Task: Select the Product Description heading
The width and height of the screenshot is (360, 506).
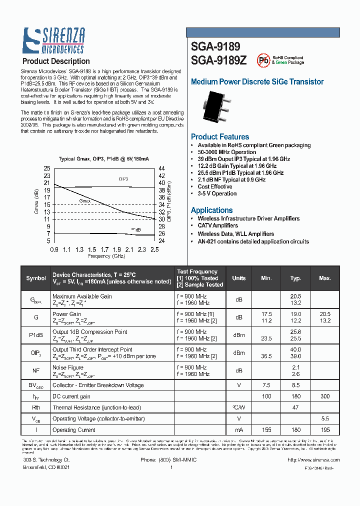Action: (x=56, y=61)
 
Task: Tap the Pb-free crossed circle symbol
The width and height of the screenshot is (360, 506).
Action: (x=263, y=60)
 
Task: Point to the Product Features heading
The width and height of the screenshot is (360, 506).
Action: (x=220, y=137)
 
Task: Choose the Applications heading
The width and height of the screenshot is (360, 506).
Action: (x=212, y=210)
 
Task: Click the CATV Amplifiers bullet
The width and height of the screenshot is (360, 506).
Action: (x=218, y=226)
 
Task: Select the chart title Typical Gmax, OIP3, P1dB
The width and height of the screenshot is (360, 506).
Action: (x=104, y=159)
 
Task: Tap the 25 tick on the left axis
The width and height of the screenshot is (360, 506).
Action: (x=47, y=168)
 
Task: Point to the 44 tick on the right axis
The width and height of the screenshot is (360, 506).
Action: (x=161, y=168)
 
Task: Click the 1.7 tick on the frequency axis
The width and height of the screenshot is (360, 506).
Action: (x=104, y=249)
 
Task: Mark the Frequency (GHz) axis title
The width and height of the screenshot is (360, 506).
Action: (x=106, y=256)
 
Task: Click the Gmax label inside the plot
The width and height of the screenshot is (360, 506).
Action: (x=86, y=200)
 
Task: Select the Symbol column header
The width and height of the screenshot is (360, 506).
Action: (x=36, y=278)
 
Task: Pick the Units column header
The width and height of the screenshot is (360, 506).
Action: (x=239, y=278)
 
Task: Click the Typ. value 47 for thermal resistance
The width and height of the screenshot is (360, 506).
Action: (x=295, y=408)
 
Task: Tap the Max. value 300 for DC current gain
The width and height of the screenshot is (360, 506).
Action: (x=325, y=396)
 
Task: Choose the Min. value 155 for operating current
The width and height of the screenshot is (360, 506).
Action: (x=266, y=430)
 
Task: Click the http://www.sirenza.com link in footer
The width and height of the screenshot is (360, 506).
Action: (x=314, y=460)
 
